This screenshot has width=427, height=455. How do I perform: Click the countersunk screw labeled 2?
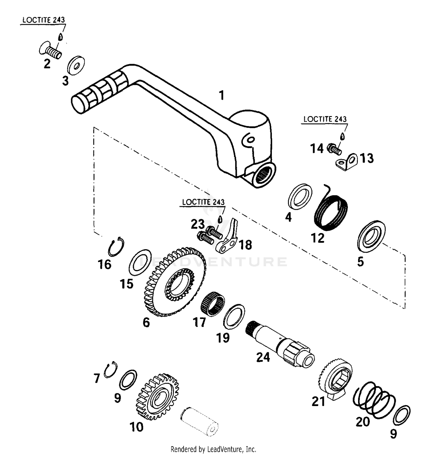51,51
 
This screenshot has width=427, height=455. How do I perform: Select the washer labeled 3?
76,65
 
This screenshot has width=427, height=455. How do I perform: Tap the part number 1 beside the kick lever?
221,95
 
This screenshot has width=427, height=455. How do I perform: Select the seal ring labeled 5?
371,236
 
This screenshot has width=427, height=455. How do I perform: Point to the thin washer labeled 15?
140,260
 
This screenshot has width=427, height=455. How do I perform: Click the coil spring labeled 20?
374,400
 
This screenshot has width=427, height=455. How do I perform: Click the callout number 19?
223,338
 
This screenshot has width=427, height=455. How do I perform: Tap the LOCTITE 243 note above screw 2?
44,20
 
